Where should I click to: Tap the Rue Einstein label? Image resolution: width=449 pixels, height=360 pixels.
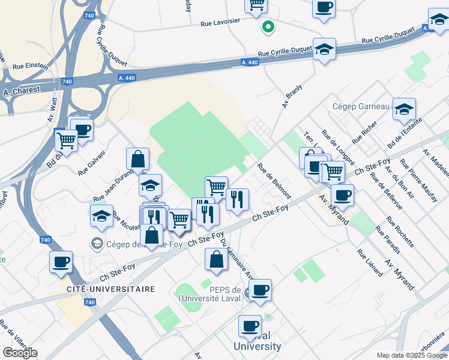click(x=30, y=67)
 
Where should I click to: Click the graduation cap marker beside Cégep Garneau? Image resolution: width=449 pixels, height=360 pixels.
click(x=404, y=109)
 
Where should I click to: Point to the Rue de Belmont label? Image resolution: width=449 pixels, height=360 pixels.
click(x=274, y=181)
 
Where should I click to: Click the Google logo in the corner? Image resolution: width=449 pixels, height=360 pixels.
click(x=20, y=352)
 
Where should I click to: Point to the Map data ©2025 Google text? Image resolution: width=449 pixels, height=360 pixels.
click(x=411, y=355)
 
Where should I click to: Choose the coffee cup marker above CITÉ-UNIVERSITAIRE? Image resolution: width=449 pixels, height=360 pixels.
click(x=61, y=262)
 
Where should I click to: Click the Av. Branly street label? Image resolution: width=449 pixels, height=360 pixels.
click(x=292, y=96)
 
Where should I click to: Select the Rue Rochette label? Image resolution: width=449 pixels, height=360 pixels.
click(x=400, y=232)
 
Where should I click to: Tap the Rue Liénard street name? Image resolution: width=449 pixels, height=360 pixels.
click(x=370, y=263)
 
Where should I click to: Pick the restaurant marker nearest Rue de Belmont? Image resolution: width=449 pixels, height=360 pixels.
click(x=238, y=200)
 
